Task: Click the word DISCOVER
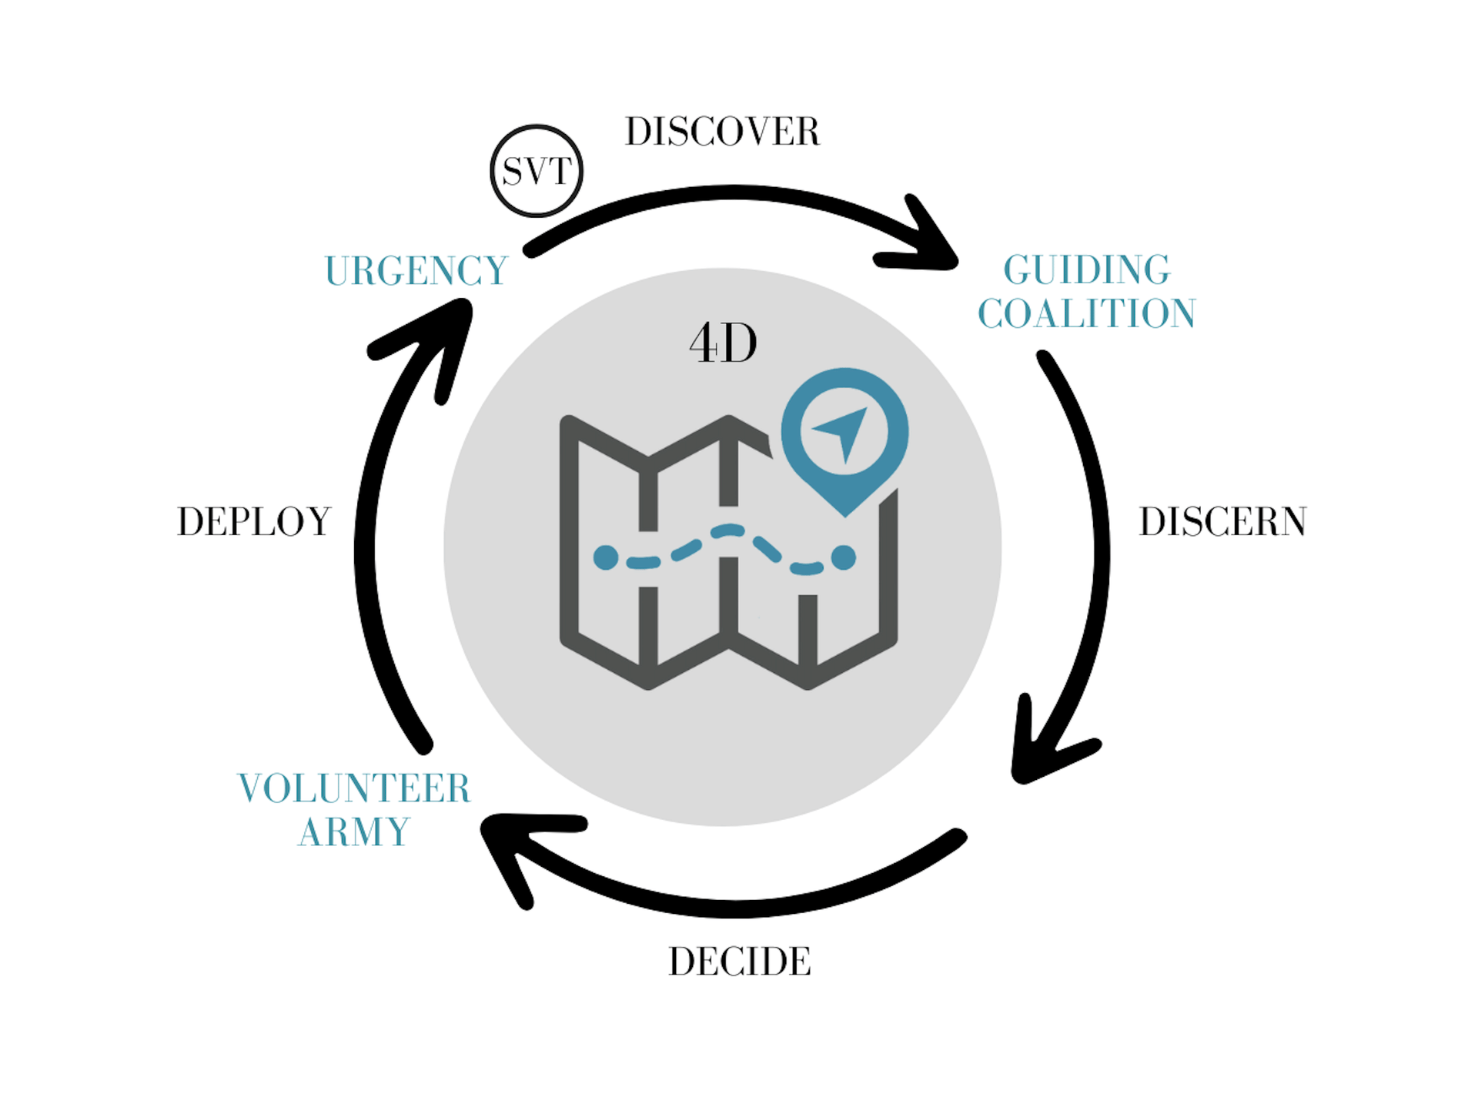pyautogui.click(x=722, y=132)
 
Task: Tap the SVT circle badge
pyautogui.click(x=537, y=171)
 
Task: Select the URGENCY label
pyautogui.click(x=416, y=271)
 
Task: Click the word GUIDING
pyautogui.click(x=1086, y=269)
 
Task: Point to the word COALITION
pyautogui.click(x=1086, y=313)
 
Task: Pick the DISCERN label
pyautogui.click(x=1222, y=522)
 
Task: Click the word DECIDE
pyautogui.click(x=739, y=962)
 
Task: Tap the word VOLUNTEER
pyautogui.click(x=354, y=788)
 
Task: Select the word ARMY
pyautogui.click(x=354, y=832)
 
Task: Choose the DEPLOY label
pyautogui.click(x=254, y=522)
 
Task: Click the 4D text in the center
pyautogui.click(x=723, y=343)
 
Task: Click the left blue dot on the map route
pyautogui.click(x=606, y=557)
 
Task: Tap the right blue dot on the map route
pyautogui.click(x=844, y=557)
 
